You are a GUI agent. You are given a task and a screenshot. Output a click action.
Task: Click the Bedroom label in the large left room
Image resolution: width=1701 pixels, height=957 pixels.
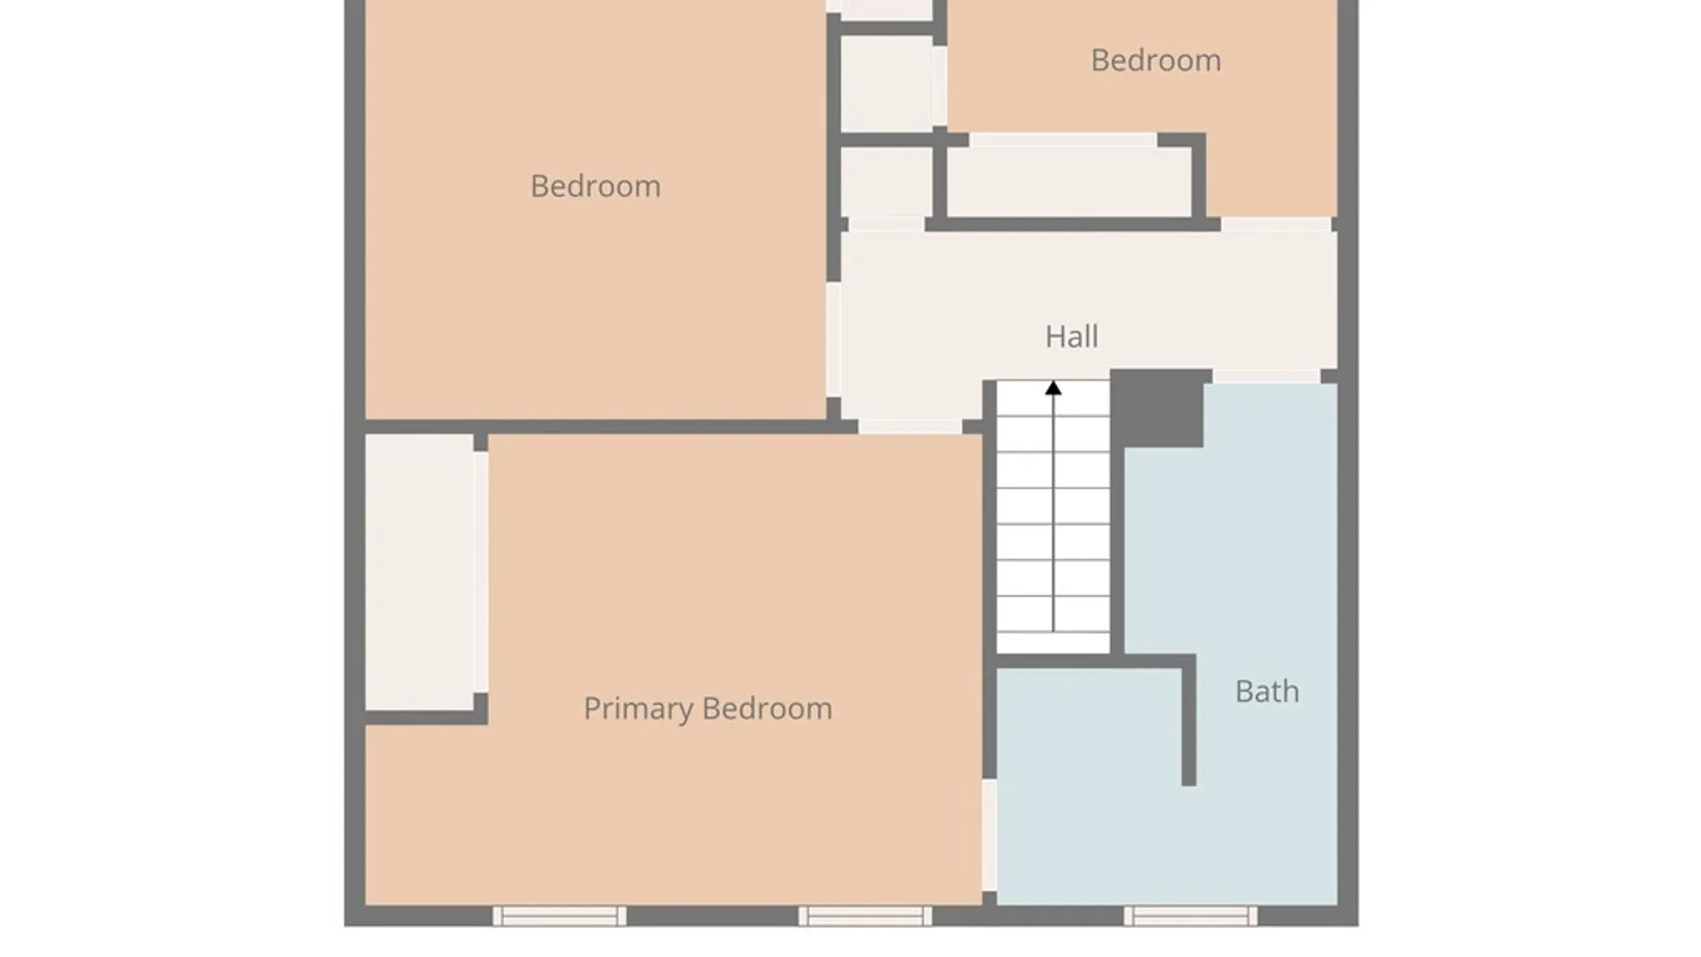pos(595,186)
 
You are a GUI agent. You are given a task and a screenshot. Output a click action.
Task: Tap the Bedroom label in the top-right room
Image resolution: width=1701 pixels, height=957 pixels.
pos(1155,60)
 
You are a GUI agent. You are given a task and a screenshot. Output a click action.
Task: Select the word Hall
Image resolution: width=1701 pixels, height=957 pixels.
pos(1071,337)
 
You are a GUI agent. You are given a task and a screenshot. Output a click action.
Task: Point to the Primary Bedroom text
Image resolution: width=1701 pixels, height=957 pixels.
pos(707,709)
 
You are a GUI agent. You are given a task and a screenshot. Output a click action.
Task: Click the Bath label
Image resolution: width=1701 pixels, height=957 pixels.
pos(1267,691)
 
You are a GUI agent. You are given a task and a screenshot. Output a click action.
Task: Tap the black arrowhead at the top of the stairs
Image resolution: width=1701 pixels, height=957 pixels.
pos(1053,388)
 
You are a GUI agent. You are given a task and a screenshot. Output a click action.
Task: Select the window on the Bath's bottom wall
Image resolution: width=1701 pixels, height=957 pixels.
pos(1191,916)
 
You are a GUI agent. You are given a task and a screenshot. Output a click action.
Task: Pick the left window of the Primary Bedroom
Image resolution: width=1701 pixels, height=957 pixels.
pos(560,916)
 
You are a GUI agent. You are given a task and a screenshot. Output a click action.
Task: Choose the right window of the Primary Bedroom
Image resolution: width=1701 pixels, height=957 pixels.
pos(866,916)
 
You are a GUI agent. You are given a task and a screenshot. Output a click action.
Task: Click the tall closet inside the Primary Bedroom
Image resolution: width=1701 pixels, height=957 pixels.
pos(419,572)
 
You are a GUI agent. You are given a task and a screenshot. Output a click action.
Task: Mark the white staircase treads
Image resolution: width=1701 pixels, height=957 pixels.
pos(1053,517)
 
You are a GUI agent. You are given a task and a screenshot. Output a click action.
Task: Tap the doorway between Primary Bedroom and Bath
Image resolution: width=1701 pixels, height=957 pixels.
pos(990,835)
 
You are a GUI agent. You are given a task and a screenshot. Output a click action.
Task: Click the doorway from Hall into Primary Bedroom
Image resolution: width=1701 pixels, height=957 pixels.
pos(910,426)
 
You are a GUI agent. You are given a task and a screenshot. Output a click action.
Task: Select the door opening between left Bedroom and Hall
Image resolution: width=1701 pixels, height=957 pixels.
pos(834,339)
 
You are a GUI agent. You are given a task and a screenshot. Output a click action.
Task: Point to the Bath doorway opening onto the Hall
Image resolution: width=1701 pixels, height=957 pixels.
pos(1266,377)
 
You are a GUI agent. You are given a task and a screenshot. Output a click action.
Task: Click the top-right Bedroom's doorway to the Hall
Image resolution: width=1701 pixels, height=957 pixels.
pos(1277,224)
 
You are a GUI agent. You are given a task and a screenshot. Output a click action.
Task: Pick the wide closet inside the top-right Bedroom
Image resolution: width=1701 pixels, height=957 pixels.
pos(1069,182)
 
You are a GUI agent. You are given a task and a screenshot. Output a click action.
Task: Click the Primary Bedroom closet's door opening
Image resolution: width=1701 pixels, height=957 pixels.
pos(480,572)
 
